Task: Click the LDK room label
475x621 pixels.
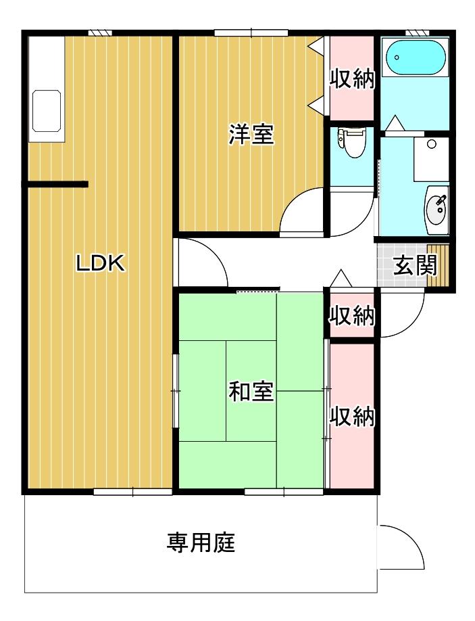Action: [100, 264]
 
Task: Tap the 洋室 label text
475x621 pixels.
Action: [251, 135]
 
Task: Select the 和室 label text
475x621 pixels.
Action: [251, 391]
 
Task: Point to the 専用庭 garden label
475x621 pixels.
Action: [201, 542]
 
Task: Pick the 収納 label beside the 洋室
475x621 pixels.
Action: [351, 79]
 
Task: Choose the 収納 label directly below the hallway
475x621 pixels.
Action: [351, 315]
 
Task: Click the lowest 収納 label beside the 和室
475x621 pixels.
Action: [351, 417]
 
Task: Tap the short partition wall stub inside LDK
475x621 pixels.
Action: [57, 184]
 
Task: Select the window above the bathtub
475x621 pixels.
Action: [417, 32]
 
